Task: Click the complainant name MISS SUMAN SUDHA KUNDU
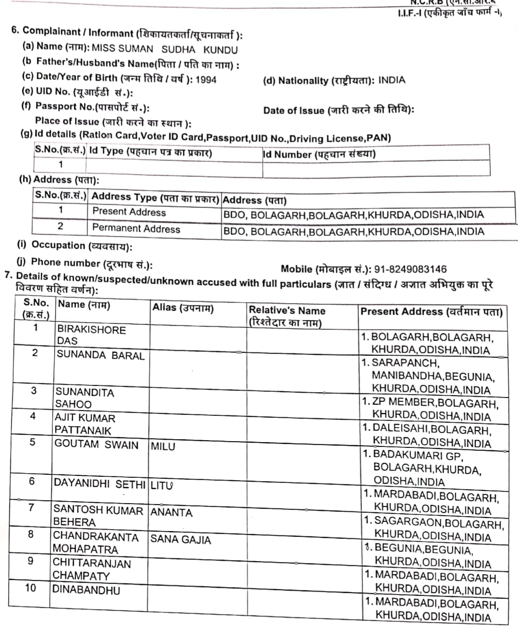164,49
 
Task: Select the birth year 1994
206,80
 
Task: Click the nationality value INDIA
392,80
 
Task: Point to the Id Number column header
319,154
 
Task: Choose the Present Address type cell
129,212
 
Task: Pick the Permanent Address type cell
136,229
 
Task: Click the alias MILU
163,447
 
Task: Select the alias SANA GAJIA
181,540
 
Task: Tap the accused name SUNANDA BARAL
100,355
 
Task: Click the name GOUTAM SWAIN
96,445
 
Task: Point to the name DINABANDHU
86,590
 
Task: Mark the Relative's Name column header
287,316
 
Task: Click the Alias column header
183,308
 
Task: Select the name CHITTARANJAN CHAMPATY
91,569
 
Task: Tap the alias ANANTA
171,512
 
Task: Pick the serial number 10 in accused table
30,588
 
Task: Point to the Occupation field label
81,246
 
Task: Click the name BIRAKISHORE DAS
91,335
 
